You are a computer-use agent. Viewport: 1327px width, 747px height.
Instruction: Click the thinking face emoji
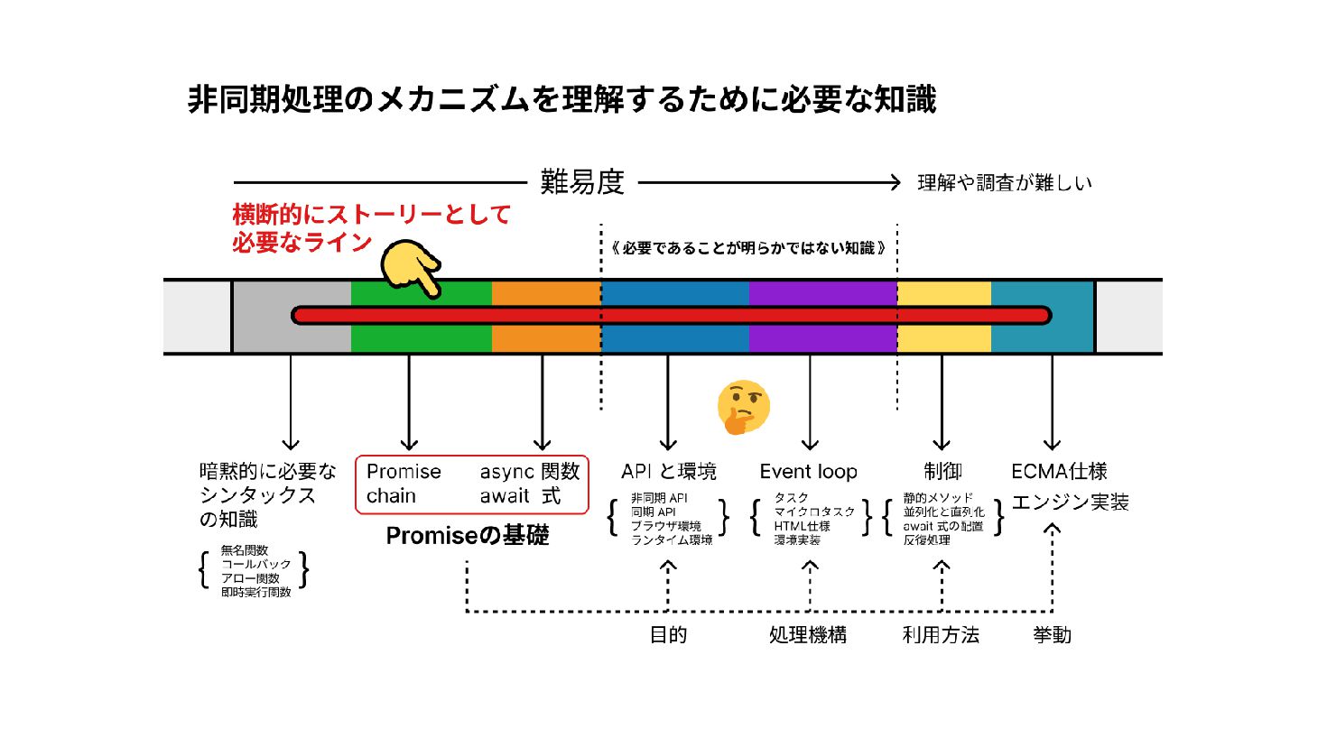point(743,407)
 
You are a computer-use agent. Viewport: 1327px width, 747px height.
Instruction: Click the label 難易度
point(582,182)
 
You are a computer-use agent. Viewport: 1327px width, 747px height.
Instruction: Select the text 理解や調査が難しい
point(1005,183)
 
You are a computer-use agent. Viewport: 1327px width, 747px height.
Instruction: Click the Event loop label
point(808,472)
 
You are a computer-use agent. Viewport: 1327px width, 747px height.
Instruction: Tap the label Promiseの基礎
point(467,536)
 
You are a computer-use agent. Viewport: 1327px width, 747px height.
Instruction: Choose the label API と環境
point(668,472)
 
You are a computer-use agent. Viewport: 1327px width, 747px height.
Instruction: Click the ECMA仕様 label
point(1059,472)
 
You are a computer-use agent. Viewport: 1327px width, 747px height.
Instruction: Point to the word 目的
point(668,635)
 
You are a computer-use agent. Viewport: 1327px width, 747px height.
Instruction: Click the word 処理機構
point(808,635)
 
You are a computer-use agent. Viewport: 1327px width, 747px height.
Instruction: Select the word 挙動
point(1052,635)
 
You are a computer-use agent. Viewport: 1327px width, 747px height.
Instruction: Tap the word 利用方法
point(941,635)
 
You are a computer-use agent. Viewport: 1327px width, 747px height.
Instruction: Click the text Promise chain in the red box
point(403,484)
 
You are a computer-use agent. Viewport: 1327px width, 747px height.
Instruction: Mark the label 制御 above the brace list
point(942,472)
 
